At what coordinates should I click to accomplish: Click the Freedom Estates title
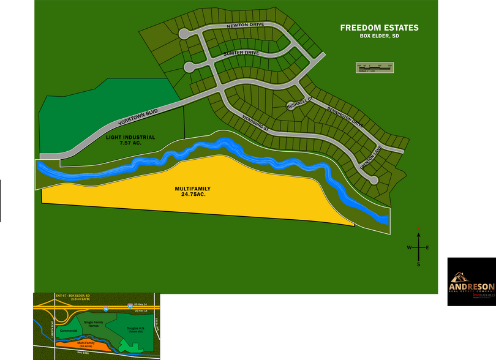point(379,28)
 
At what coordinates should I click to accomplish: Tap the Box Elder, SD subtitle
point(379,36)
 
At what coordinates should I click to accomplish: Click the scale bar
point(375,67)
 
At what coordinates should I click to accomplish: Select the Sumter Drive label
point(241,53)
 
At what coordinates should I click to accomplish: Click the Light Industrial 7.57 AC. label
point(129,140)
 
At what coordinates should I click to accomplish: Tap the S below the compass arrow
point(418,264)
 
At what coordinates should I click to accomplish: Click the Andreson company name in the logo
point(472,287)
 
